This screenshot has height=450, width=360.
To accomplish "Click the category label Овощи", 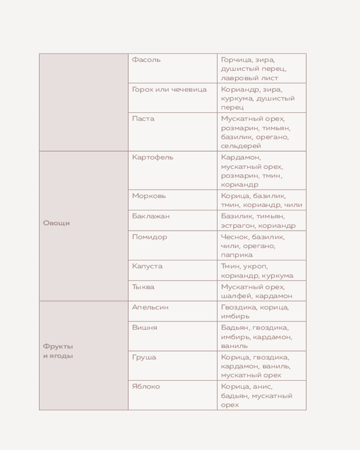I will point(56,223).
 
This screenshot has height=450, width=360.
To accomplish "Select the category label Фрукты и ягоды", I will point(58,351).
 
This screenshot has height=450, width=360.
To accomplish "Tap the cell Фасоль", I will point(146,60).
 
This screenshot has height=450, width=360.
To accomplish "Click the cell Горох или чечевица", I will point(169,90).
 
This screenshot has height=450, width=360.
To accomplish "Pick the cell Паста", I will point(143,119).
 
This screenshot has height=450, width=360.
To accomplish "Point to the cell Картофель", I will point(153,157).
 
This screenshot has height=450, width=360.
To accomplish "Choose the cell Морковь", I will point(149,196).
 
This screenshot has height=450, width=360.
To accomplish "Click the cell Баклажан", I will point(151,216).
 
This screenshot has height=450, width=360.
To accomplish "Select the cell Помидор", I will point(149,237).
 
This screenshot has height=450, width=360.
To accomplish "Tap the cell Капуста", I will point(147,266).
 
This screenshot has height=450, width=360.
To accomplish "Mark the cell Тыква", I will point(143,287).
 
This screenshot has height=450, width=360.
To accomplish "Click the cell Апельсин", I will point(150,307).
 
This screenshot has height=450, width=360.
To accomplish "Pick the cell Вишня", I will point(144,328).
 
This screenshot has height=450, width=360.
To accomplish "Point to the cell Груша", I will point(144,357).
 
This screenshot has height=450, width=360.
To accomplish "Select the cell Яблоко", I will point(146,387).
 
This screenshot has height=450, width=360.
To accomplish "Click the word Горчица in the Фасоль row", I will point(235,60).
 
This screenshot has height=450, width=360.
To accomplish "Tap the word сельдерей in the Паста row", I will point(241,146).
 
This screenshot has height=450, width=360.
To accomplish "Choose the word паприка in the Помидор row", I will point(237,255).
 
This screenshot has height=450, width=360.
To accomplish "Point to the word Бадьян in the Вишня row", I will point(234,328).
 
